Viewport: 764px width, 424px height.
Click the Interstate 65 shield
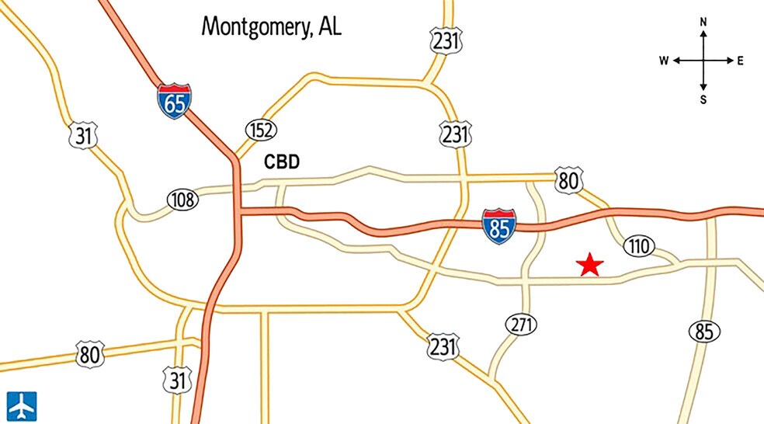pos(175,101)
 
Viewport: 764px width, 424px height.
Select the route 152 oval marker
pos(261,130)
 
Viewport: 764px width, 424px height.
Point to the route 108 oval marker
pos(182,200)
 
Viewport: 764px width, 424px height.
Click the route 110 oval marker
pos(637,247)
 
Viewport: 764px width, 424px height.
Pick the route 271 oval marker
pos(521,325)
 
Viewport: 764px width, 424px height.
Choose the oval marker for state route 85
pos(703,332)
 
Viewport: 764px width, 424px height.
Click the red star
pos(590,265)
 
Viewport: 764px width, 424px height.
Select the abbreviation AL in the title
pos(328,26)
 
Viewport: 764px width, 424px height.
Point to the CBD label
pos(282,162)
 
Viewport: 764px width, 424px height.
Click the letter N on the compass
pos(703,23)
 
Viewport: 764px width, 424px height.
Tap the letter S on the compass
pos(703,99)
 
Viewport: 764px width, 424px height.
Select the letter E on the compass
pos(740,61)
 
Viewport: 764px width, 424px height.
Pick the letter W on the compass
pos(665,61)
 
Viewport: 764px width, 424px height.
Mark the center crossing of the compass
pos(703,61)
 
